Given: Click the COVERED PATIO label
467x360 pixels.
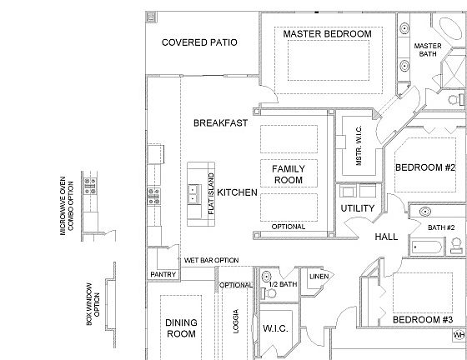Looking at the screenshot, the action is click(199, 42).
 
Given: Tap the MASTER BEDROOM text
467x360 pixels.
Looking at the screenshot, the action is click(327, 34).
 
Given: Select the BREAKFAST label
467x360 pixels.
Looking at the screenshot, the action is click(220, 122).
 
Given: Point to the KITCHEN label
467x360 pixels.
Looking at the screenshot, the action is click(237, 192).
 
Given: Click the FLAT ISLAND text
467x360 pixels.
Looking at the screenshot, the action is click(211, 193).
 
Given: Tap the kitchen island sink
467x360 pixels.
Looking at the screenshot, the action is click(193, 193).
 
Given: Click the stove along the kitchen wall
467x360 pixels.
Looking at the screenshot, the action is click(154, 196).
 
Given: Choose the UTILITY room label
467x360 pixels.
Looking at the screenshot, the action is click(358, 208).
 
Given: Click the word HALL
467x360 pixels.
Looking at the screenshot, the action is click(386, 237).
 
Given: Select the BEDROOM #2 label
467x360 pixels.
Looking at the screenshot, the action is click(425, 167).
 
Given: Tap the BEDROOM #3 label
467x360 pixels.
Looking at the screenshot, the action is click(423, 320).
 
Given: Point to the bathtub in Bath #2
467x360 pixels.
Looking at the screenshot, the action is click(427, 247).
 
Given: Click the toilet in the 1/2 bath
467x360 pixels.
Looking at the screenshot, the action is click(269, 293).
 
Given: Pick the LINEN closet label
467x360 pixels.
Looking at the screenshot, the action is click(319, 277).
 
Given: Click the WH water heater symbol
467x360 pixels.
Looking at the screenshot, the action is click(459, 335).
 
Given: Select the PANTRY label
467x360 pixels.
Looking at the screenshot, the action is click(163, 274).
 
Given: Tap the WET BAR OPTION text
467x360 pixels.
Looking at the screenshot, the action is click(212, 260).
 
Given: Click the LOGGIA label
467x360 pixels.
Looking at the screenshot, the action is click(236, 322).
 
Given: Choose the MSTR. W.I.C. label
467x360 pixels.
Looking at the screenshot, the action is click(359, 146).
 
